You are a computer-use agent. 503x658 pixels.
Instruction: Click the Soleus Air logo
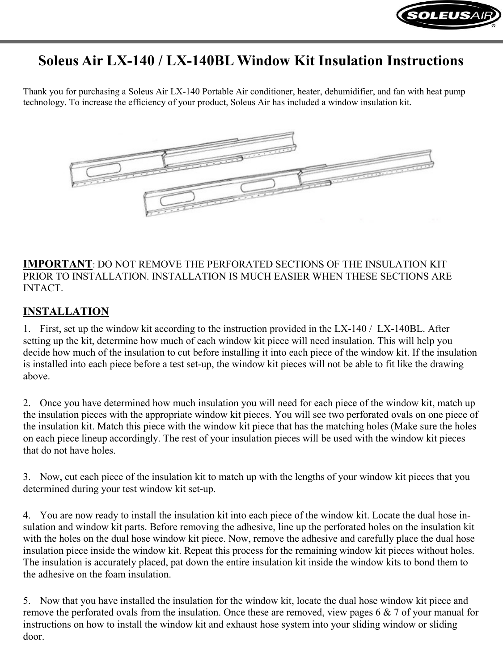[448, 17]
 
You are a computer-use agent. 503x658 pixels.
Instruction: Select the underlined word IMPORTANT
[57, 263]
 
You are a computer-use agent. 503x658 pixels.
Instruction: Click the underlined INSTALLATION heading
[66, 311]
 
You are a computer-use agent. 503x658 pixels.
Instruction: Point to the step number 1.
[26, 329]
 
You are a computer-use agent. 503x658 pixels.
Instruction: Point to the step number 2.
[26, 403]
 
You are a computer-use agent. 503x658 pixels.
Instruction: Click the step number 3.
[26, 477]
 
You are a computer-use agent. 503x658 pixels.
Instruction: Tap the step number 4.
[26, 515]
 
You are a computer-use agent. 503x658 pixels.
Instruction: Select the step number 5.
[26, 601]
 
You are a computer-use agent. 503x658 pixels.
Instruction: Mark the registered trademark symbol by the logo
[494, 26]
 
